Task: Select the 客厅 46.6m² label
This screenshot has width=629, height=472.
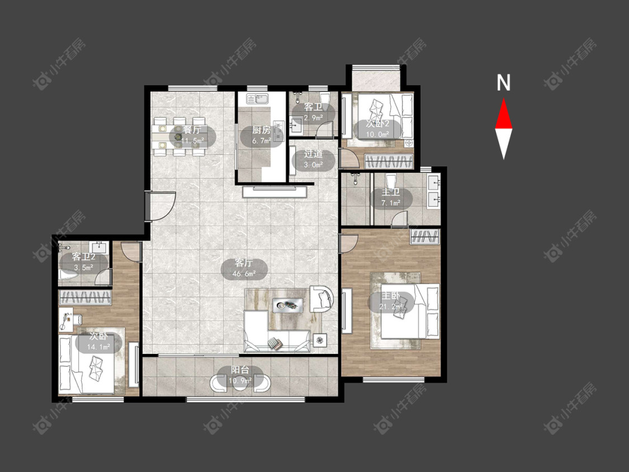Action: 244,268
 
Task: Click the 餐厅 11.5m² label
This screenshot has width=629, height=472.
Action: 192,135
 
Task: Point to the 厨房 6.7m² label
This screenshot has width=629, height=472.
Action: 261,135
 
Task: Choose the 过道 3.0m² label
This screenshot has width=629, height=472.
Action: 313,159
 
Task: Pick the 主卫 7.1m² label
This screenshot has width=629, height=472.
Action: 391,198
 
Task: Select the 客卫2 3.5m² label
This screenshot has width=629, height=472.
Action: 83,262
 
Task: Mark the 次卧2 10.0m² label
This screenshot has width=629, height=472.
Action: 377,129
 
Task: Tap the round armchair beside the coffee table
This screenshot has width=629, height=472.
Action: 321,298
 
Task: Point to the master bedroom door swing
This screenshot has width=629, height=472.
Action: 348,243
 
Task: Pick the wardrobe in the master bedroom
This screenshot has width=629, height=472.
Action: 425,237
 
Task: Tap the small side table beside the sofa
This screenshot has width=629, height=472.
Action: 320,341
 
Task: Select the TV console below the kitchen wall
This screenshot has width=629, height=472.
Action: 275,191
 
